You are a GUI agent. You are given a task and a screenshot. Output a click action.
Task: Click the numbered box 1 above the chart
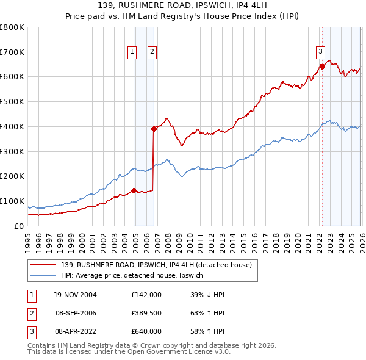(x=132, y=52)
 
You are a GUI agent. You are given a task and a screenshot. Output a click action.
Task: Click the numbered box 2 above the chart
(x=151, y=52)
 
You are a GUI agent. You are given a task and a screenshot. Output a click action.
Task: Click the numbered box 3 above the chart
(x=320, y=52)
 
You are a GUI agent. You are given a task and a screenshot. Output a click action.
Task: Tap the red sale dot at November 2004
(x=134, y=190)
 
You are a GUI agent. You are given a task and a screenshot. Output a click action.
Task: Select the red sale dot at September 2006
(x=154, y=128)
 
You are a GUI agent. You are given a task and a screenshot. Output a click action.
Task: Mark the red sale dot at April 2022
(x=321, y=67)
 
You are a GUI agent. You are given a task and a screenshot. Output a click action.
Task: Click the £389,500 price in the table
(x=146, y=313)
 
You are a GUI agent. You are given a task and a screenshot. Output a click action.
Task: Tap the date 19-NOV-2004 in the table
(x=75, y=295)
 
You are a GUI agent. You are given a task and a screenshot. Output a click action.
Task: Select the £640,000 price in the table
(x=146, y=331)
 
